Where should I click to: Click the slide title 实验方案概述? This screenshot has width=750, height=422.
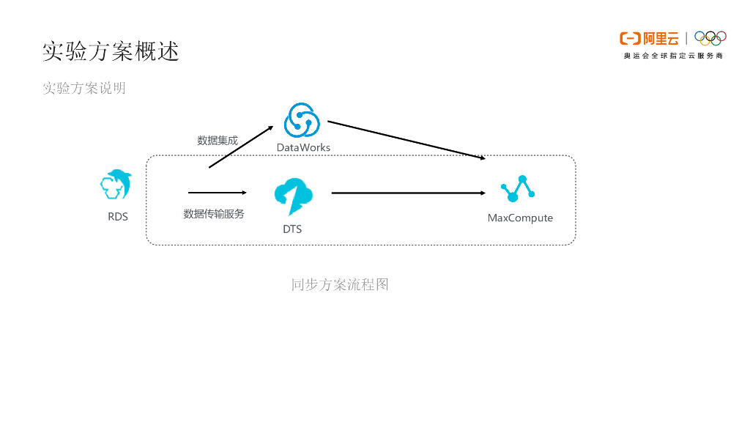111,51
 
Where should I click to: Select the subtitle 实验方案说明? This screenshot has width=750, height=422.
84,88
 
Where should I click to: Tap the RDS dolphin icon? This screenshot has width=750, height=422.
117,185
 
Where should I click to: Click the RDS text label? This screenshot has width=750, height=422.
118,216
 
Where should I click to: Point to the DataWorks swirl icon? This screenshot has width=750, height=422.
302,119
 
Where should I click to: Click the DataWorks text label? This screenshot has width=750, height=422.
303,147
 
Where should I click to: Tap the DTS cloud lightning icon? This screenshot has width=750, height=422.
294,195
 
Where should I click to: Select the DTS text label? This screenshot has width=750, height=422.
292,229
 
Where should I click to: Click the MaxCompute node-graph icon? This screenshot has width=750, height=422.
518,189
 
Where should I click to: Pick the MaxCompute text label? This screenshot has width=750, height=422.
520,218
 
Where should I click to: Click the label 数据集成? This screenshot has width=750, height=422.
218,140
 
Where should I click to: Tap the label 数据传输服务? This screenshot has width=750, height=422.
214,214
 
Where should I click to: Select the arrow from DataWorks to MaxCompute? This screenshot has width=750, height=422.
406,140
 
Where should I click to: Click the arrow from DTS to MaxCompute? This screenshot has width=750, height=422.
408,193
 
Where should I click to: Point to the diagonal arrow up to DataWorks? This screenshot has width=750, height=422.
241,147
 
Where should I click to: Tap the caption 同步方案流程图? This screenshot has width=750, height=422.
340,284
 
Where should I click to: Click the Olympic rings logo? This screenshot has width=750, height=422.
710,37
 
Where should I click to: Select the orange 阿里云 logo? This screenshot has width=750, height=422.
649,38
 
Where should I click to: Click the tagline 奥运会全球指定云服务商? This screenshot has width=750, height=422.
673,56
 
